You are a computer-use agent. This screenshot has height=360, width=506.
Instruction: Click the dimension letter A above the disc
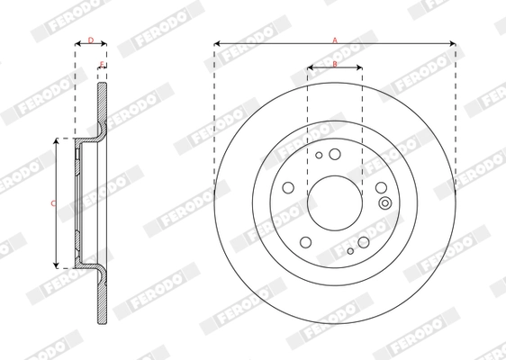tap(335, 40)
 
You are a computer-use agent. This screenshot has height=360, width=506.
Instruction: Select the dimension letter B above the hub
tap(335, 64)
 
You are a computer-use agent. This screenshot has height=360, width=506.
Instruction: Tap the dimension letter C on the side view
tap(52, 203)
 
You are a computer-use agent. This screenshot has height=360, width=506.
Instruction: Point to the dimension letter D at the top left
tap(90, 40)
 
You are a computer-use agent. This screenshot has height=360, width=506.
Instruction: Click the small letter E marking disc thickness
tap(102, 65)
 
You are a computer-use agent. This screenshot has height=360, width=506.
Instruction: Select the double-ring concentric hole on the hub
tap(384, 202)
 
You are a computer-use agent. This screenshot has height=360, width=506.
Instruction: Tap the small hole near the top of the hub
tap(319, 155)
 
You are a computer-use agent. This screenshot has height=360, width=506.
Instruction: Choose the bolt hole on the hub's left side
tap(288, 187)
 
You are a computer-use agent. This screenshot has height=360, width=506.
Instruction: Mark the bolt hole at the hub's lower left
tap(304, 241)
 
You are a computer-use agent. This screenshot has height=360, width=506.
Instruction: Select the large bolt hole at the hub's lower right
tap(363, 241)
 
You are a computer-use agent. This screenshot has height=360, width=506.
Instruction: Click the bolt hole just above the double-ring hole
tap(381, 187)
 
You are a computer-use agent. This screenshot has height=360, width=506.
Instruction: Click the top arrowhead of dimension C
tap(58, 142)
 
